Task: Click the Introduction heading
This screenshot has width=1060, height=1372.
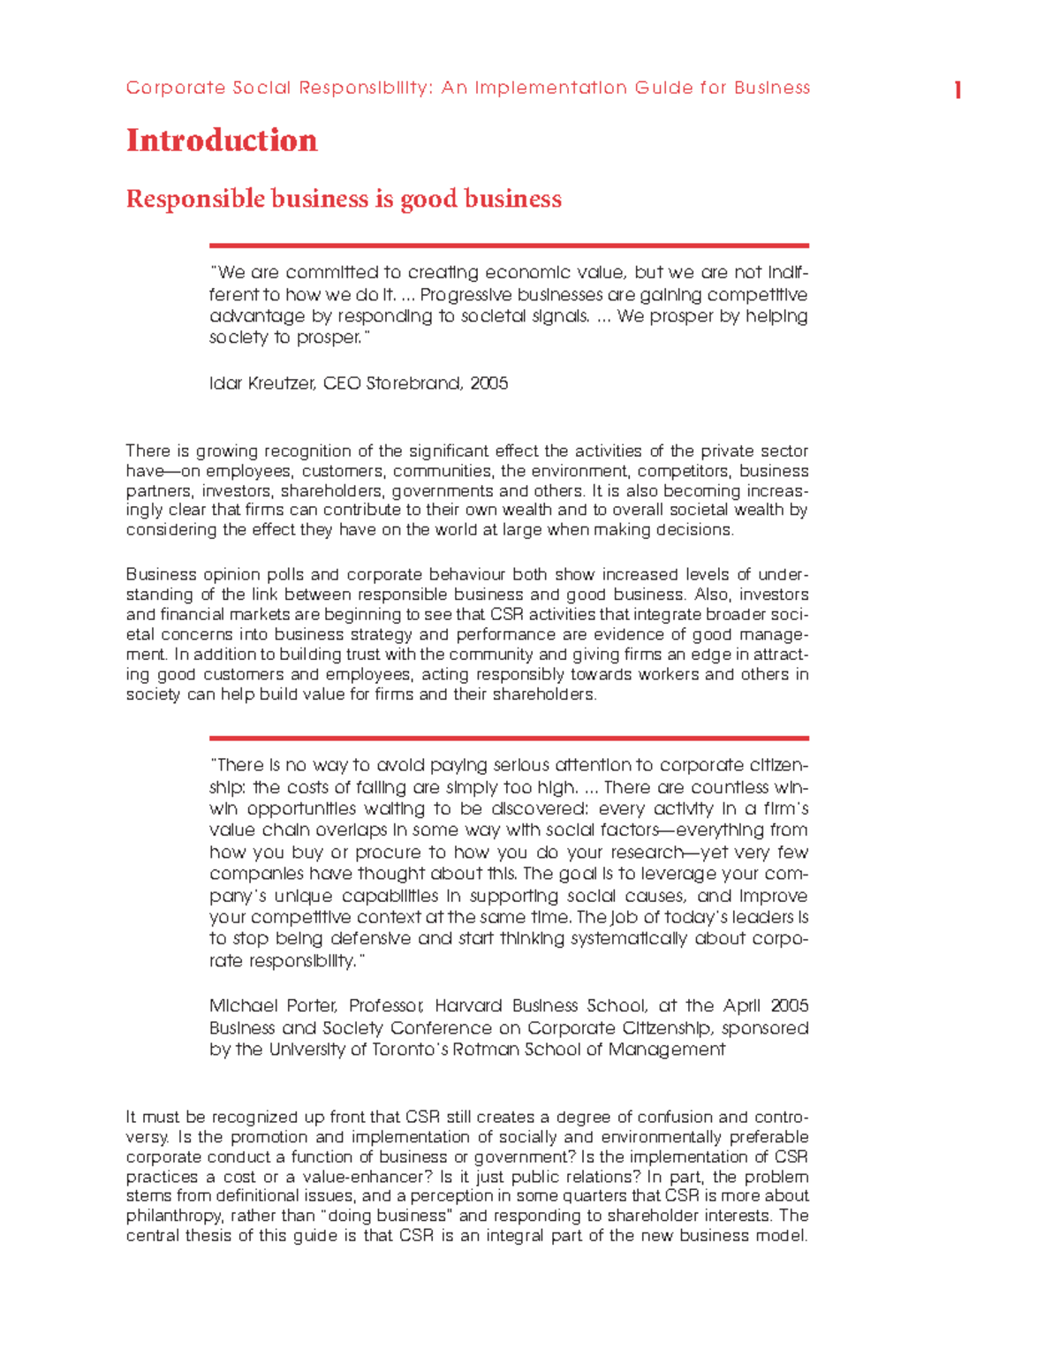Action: (x=222, y=140)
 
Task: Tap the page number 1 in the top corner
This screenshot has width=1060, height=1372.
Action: (x=958, y=90)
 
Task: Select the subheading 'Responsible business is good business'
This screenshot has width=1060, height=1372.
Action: (x=344, y=199)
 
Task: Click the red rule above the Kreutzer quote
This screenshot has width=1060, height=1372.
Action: (x=509, y=246)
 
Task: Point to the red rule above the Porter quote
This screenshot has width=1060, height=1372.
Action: (x=509, y=738)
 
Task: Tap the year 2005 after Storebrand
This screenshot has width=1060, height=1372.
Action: (x=489, y=383)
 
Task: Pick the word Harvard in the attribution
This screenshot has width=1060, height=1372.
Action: (x=469, y=1005)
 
